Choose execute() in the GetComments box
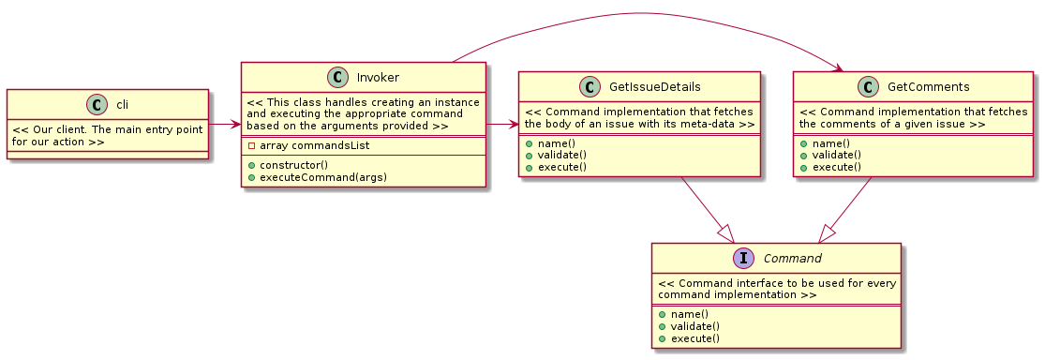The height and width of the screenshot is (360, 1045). [834, 167]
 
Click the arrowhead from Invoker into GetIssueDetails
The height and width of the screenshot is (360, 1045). [514, 124]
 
